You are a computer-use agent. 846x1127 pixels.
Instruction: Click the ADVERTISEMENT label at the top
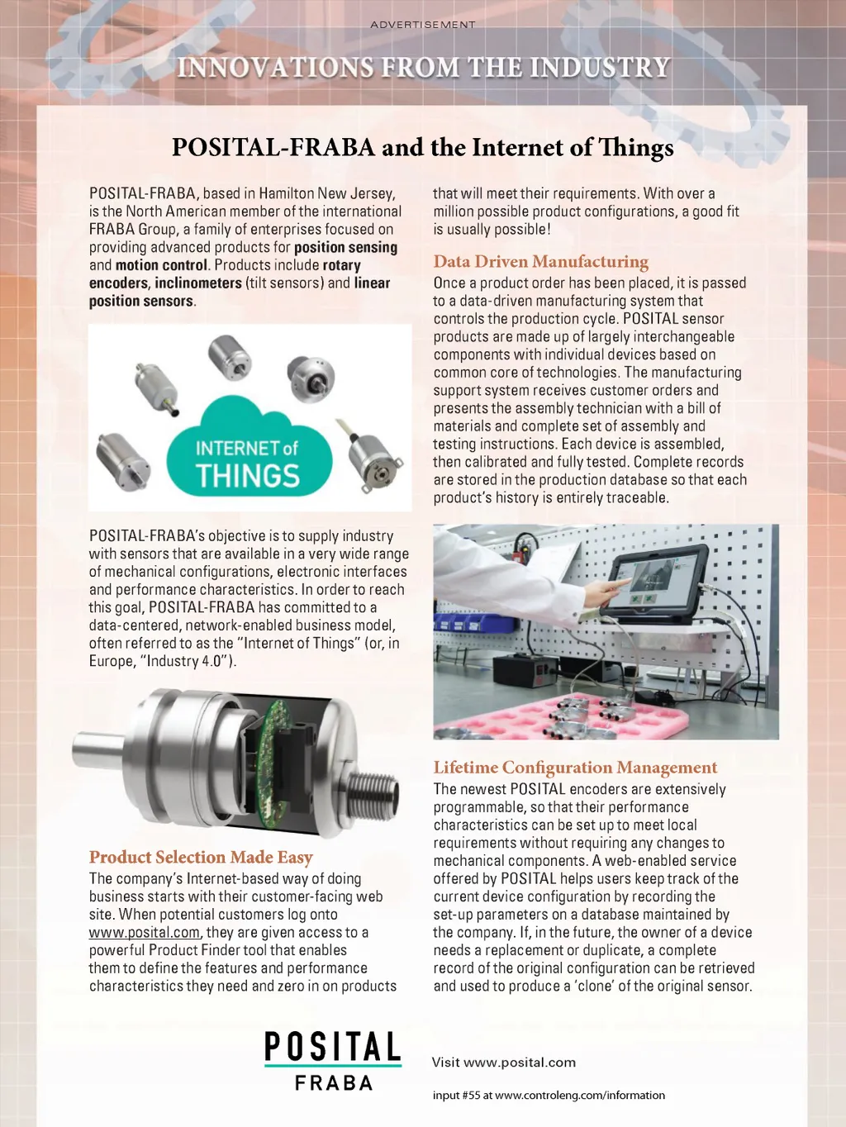[x=422, y=25]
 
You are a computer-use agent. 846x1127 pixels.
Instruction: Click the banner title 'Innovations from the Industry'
[x=422, y=67]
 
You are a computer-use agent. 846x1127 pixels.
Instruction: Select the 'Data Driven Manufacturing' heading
[x=540, y=262]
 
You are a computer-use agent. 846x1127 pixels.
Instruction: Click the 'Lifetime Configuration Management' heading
[x=575, y=768]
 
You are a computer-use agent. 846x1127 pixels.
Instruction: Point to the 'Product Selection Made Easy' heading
[x=201, y=858]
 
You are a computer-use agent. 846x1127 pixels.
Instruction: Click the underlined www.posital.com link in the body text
[x=144, y=933]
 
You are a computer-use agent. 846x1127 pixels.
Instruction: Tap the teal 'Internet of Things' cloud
[x=248, y=450]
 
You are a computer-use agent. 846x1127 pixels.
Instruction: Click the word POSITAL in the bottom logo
[x=332, y=1047]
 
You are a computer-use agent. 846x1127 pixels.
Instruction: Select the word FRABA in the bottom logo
[x=334, y=1083]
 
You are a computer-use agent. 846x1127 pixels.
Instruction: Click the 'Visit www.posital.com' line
[x=503, y=1063]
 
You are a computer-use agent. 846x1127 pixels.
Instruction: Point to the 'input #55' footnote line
[x=549, y=1096]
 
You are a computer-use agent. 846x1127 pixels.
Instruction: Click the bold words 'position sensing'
[x=345, y=247]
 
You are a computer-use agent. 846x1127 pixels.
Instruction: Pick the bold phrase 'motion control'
[x=161, y=265]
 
